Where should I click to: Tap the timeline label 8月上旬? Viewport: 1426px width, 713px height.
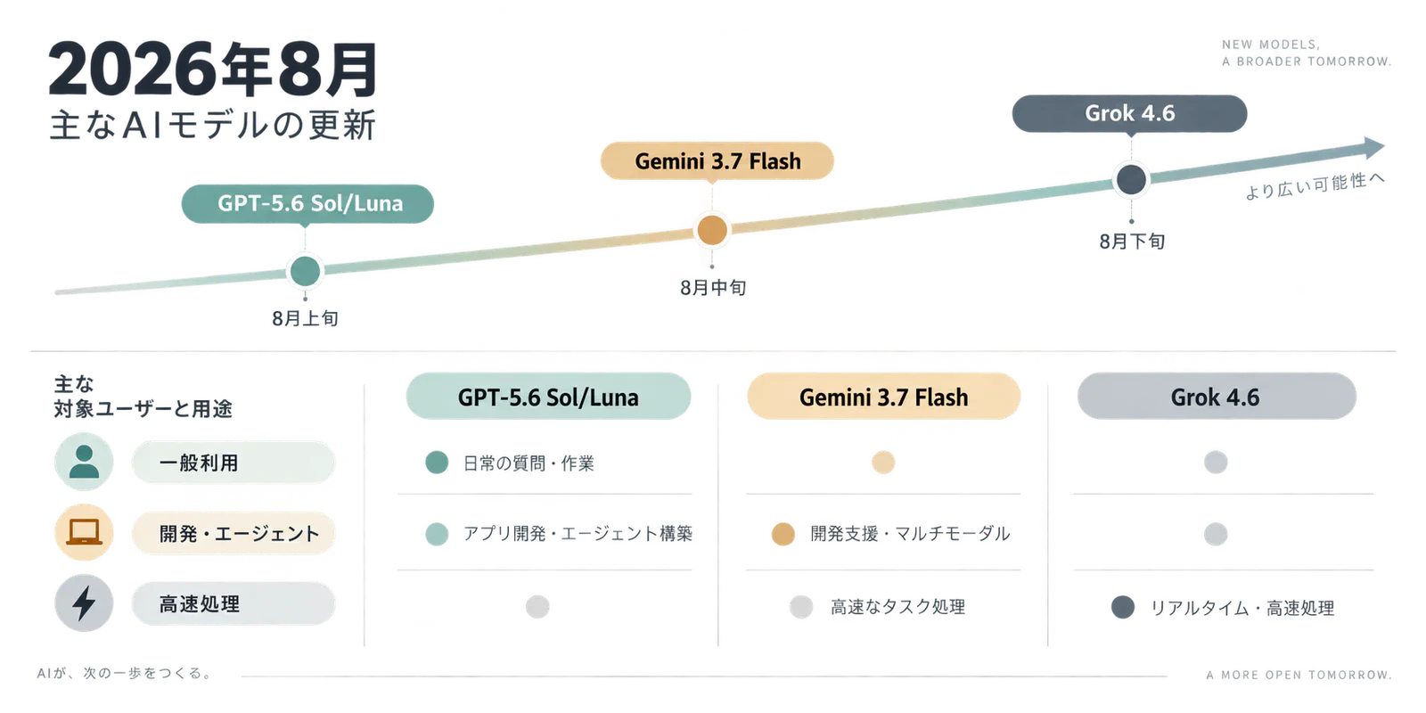coord(305,318)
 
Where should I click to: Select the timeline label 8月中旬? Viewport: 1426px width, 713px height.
coord(713,288)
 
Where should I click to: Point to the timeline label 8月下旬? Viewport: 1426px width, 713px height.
coord(1132,242)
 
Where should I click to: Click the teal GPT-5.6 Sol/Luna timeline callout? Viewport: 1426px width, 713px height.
coord(307,204)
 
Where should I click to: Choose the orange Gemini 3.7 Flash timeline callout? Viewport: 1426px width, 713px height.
coord(717,161)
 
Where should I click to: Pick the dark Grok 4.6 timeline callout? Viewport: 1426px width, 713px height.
coord(1129,113)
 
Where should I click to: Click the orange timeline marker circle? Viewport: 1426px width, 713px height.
coord(712,230)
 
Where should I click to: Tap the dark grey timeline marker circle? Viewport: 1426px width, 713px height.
coord(1131,179)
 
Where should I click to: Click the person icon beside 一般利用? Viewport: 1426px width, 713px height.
coord(84,462)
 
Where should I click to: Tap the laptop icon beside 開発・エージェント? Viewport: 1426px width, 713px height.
coord(84,532)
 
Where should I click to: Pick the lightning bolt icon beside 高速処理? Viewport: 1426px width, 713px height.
coord(84,602)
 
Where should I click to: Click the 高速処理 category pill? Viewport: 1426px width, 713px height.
coord(233,603)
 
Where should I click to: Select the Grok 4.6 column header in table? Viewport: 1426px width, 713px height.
coord(1217,397)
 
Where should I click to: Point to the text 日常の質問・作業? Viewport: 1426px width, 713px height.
coord(529,463)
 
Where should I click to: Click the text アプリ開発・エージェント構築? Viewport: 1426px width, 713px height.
coord(578,534)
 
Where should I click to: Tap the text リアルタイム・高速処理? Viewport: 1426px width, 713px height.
coord(1242,608)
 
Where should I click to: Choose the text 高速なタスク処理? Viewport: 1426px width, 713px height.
coord(897,607)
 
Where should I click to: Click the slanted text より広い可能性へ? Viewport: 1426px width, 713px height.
coord(1315,185)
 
